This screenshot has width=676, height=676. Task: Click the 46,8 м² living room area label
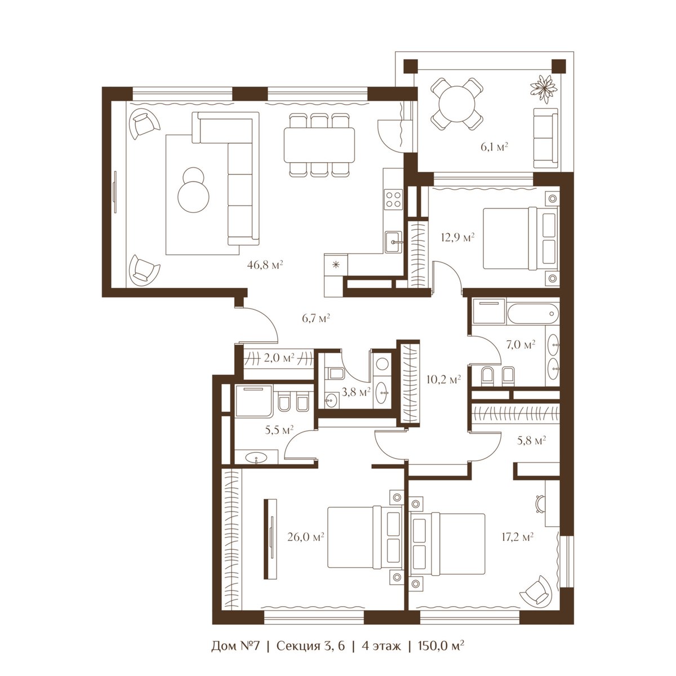265,265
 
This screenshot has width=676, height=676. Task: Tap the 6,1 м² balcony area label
494,146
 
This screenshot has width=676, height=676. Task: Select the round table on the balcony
457,104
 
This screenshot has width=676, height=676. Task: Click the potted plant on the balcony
544,89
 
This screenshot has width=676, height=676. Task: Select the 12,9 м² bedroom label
457,238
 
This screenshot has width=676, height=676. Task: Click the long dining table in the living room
319,145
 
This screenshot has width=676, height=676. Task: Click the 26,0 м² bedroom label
305,536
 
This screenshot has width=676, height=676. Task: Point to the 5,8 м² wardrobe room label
531,441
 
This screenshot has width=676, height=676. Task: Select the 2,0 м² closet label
278,358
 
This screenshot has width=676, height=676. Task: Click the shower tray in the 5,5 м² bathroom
253,401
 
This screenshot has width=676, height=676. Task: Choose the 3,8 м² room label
356,392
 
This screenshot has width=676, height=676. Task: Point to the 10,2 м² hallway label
444,379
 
